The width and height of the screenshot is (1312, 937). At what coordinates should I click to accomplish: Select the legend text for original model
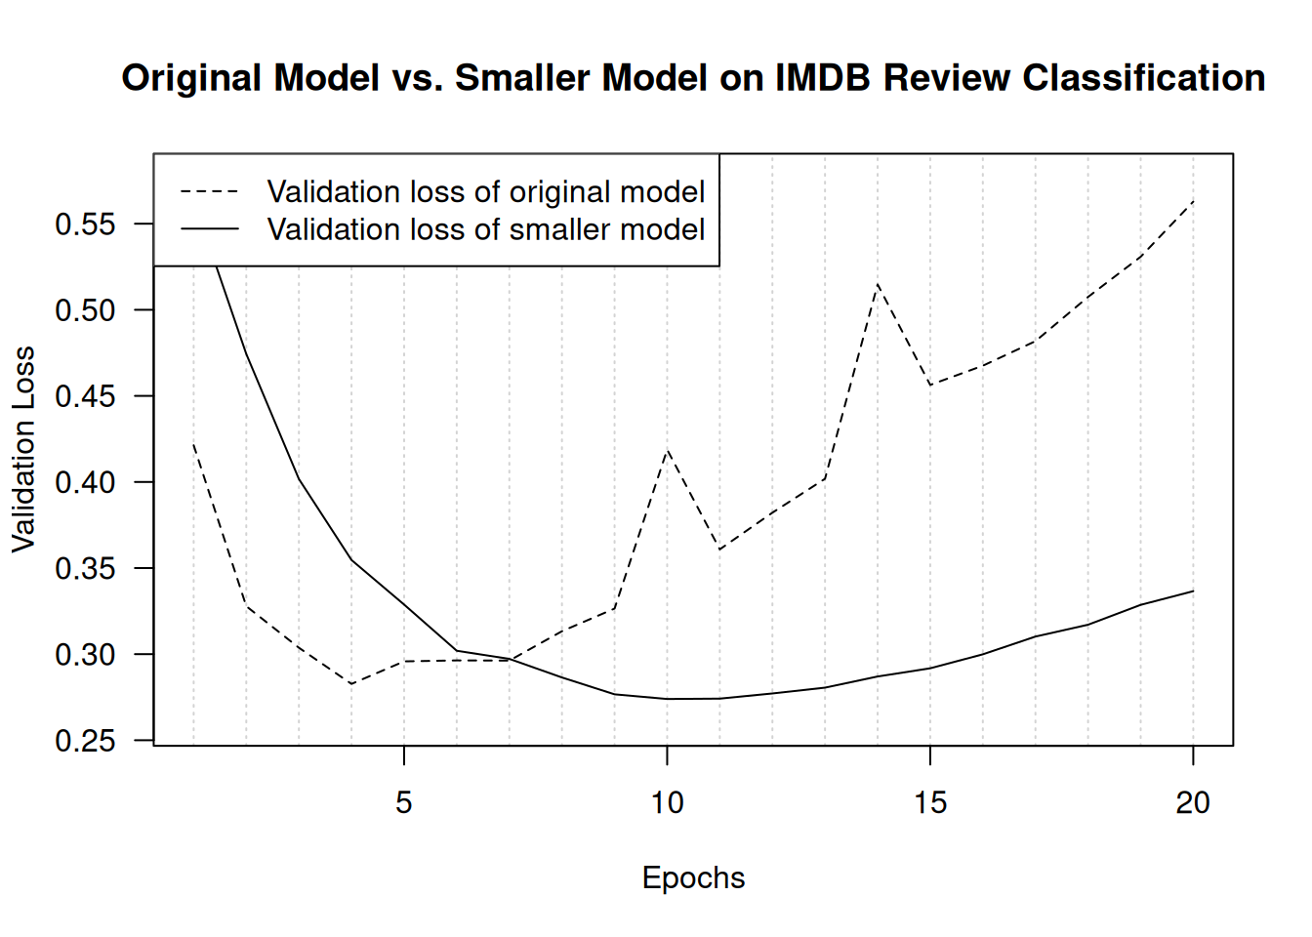(x=485, y=191)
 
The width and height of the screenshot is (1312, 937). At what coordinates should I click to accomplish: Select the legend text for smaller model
(x=485, y=229)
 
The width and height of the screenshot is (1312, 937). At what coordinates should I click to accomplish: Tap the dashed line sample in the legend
(x=209, y=191)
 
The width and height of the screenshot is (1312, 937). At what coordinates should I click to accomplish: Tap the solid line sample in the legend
(x=209, y=229)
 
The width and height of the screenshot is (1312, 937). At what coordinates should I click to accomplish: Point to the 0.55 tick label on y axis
(x=85, y=224)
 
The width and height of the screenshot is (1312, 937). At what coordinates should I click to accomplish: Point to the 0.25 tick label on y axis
(x=85, y=741)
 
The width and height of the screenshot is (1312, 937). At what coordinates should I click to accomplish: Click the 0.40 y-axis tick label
(x=85, y=482)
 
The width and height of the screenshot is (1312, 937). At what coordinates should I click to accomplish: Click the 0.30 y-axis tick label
(x=85, y=655)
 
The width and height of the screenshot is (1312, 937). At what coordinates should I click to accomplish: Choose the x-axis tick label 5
(x=404, y=803)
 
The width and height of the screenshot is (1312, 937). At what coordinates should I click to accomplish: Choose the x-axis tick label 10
(x=667, y=803)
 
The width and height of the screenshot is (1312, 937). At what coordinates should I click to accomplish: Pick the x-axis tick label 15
(x=930, y=803)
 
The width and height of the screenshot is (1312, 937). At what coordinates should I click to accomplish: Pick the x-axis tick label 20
(x=1193, y=803)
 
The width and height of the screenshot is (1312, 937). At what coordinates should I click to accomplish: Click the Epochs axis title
(x=693, y=878)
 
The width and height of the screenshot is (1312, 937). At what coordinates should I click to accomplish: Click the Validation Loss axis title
(x=23, y=449)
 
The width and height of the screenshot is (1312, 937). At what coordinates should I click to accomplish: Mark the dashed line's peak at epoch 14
(x=878, y=284)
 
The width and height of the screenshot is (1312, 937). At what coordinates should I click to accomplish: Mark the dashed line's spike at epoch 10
(x=667, y=450)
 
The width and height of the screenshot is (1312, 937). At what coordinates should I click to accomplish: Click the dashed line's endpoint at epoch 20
(x=1193, y=201)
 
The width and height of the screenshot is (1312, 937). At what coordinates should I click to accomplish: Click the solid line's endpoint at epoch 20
(x=1193, y=591)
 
